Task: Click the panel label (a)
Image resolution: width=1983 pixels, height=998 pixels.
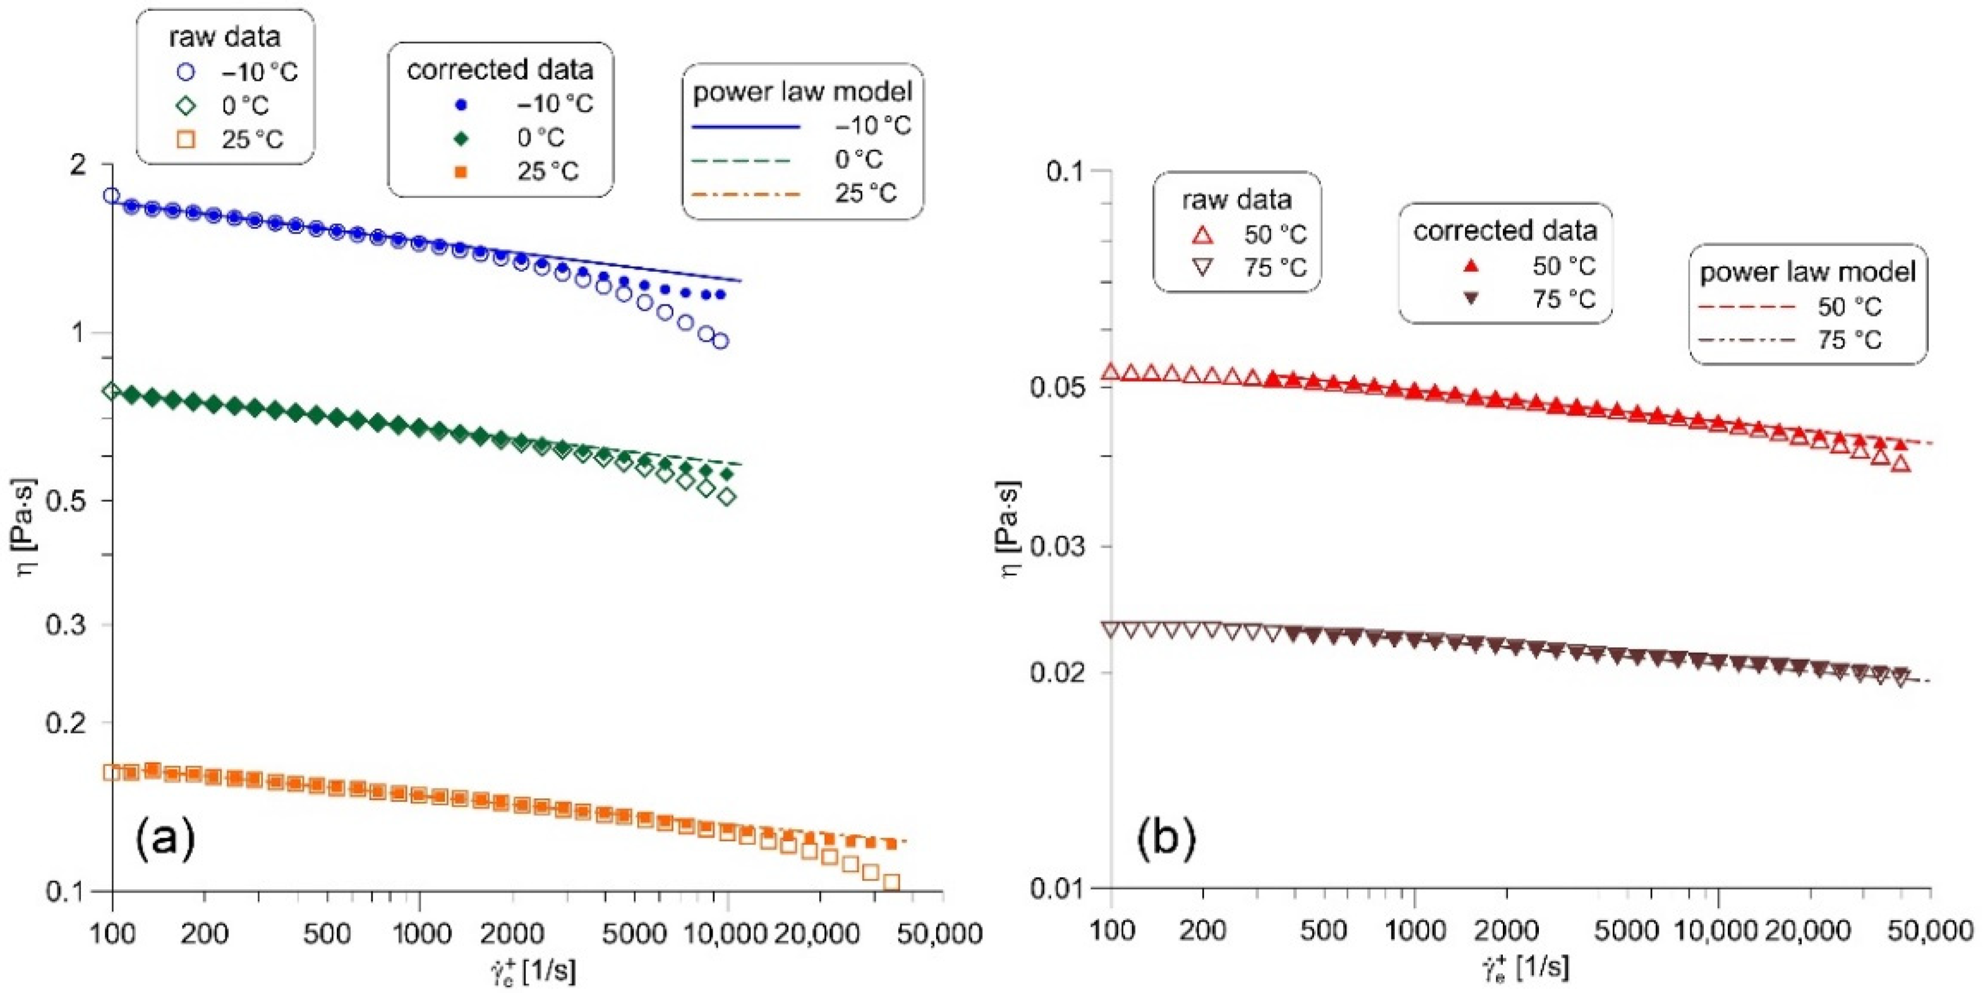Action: tap(166, 838)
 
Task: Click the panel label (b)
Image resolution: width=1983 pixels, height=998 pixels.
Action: tap(1166, 838)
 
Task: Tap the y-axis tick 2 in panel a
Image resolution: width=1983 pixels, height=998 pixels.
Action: tap(78, 165)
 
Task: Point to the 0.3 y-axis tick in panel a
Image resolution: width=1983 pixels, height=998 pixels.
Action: tap(66, 624)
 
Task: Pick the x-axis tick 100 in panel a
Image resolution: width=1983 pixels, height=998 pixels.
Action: tap(112, 934)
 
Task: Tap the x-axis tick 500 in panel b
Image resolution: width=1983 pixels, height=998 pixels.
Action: tap(1322, 930)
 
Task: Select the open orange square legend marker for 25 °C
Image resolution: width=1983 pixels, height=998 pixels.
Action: tap(186, 139)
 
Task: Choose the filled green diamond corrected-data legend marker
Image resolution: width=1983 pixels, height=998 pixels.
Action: tap(461, 138)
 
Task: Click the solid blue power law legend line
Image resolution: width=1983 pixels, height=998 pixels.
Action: tap(746, 126)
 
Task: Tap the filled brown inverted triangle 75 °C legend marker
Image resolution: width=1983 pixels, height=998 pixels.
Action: tap(1471, 299)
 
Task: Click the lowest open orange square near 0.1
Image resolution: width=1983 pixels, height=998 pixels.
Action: tap(891, 882)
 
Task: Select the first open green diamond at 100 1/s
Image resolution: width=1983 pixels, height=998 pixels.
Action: tap(112, 391)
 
